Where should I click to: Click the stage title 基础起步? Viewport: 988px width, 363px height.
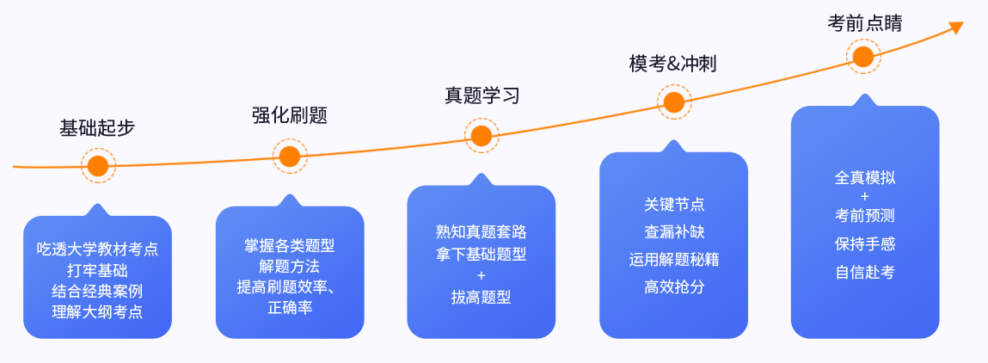97,128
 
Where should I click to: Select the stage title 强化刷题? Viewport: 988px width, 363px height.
290,115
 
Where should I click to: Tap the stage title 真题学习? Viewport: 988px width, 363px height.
482,95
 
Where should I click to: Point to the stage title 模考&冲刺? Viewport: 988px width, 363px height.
673,65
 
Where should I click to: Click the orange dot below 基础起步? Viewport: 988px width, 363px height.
98,165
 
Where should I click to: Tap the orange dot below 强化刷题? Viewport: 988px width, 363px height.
290,156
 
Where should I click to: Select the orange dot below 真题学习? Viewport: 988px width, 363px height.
482,135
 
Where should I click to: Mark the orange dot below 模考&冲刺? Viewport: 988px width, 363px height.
674,102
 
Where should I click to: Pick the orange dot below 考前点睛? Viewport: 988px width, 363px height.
863,58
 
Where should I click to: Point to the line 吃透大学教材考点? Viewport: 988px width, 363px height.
97,249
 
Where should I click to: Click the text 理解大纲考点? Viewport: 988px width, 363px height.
97,311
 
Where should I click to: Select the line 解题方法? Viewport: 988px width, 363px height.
289,267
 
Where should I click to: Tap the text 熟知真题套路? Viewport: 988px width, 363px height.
481,232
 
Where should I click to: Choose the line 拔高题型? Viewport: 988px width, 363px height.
481,298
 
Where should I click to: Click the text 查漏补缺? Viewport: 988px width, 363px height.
674,232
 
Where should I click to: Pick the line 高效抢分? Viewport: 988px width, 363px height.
674,287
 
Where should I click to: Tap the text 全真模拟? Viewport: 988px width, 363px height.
864,178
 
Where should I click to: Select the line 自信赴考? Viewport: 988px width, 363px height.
864,272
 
